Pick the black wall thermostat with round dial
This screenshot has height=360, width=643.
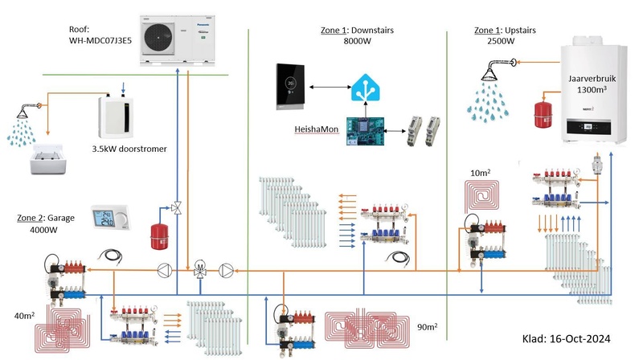290,84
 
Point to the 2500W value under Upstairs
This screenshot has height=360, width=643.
500,41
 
